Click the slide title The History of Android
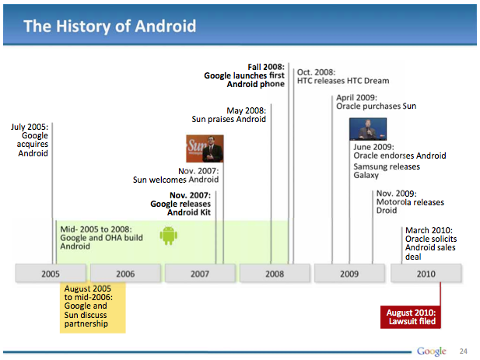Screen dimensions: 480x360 [110, 26]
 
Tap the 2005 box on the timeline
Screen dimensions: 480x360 [51, 273]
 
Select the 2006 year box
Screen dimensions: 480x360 [125, 273]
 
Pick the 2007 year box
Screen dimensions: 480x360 [200, 273]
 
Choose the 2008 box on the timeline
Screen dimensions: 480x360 [275, 273]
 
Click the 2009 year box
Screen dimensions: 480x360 [349, 273]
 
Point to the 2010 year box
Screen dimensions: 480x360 [426, 273]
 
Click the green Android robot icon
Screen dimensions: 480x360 [168, 236]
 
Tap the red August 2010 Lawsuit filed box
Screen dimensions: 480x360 [411, 317]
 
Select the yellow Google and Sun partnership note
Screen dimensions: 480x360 [93, 307]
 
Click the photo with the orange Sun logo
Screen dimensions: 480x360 [205, 149]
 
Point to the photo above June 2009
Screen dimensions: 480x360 [368, 129]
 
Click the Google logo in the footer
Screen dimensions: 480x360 [431, 351]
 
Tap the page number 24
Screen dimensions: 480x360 [464, 351]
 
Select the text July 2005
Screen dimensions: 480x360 [30, 127]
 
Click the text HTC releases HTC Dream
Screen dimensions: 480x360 [343, 81]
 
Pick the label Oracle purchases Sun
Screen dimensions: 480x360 [377, 107]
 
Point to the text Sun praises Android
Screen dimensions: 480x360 [229, 119]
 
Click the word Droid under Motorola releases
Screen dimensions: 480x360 [387, 211]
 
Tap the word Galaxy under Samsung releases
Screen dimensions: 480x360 [366, 175]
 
